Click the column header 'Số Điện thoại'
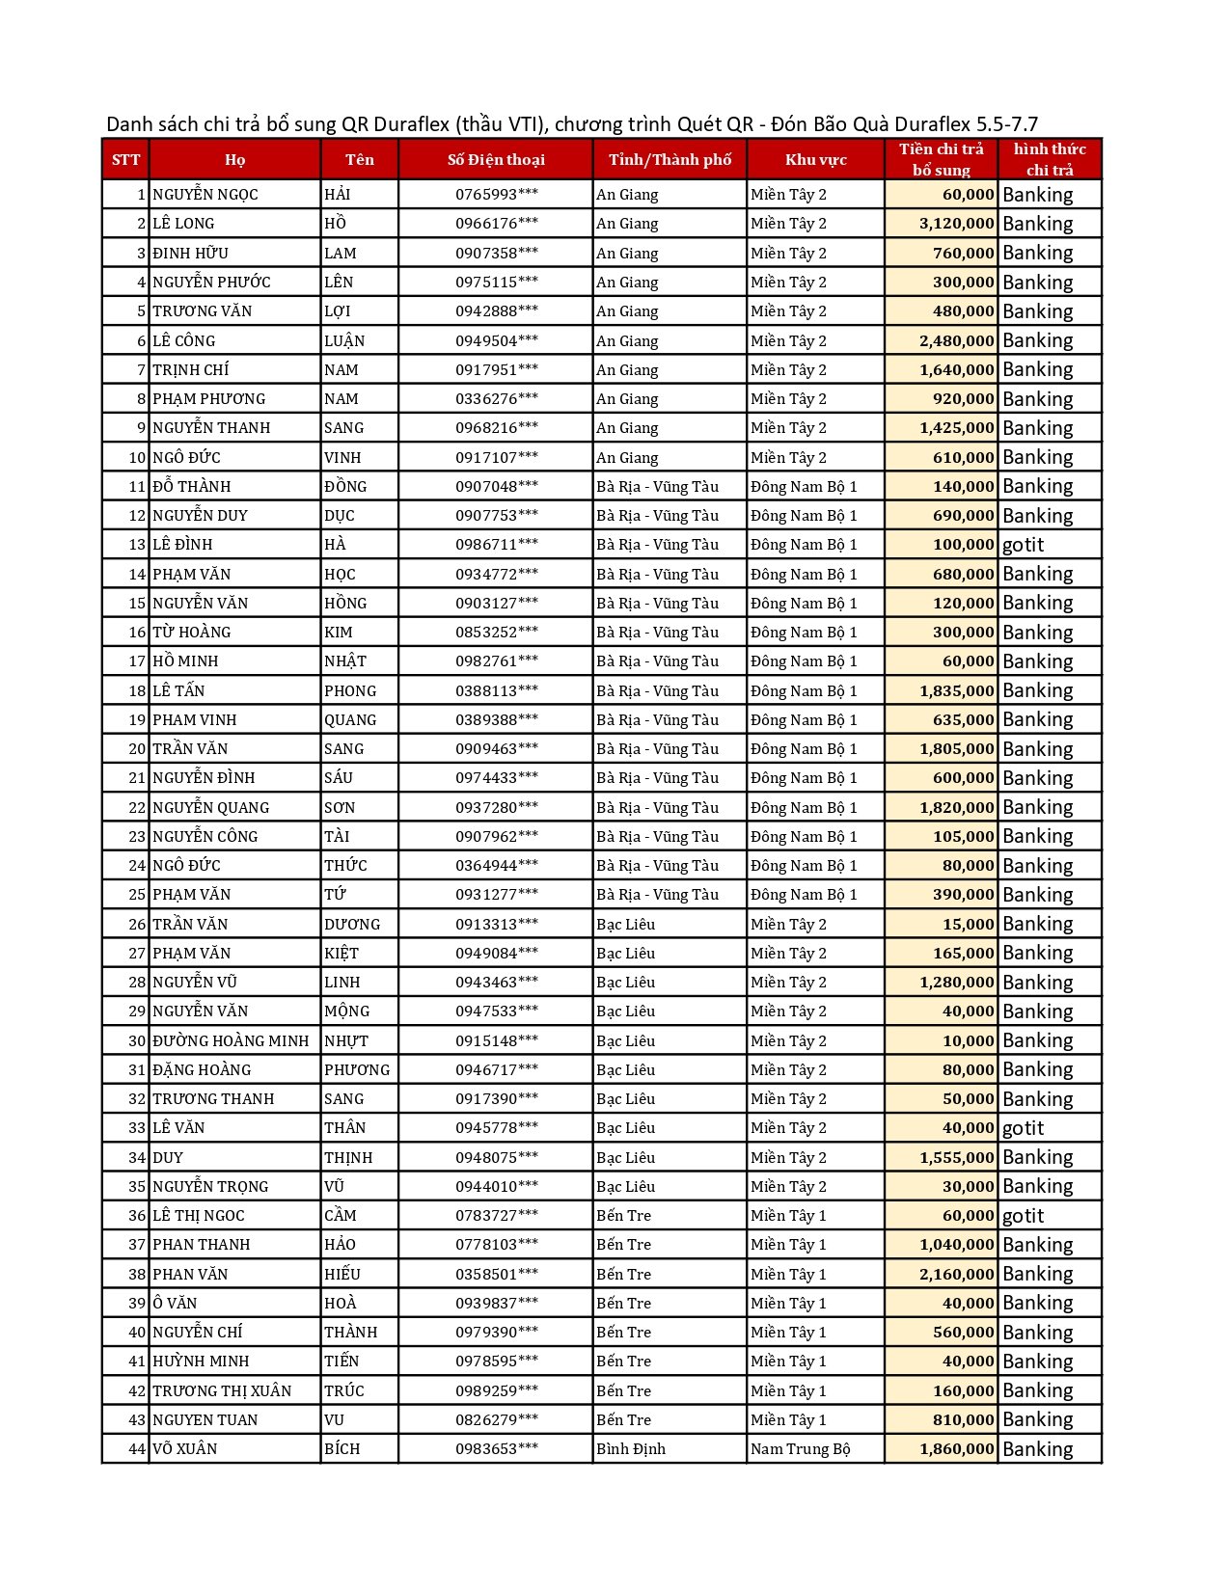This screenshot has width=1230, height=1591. click(496, 160)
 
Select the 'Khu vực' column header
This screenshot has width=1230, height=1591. click(815, 160)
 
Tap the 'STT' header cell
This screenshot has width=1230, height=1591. click(125, 160)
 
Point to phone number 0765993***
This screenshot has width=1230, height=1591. click(497, 195)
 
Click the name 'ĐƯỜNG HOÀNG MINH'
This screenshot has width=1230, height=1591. click(231, 1041)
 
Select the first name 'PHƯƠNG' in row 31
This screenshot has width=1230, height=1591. click(357, 1070)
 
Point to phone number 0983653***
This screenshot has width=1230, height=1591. click(497, 1449)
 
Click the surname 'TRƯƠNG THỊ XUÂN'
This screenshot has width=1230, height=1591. click(222, 1391)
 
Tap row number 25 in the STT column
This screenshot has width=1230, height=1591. click(137, 895)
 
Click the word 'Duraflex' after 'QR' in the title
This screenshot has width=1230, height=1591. click(411, 124)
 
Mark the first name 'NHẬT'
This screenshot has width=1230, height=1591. click(345, 661)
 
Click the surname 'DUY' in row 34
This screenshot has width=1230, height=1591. click(168, 1158)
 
